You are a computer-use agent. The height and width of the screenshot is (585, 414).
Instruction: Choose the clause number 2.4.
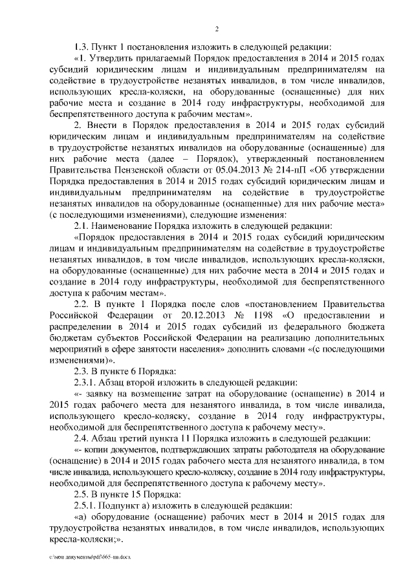point(85,440)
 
